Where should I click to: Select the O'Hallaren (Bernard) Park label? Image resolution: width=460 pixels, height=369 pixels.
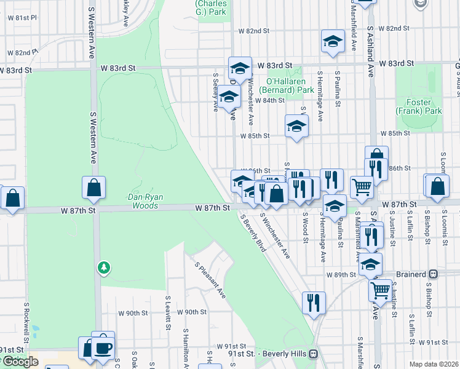coord(290,85)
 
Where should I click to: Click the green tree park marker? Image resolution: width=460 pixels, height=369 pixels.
coord(104,267)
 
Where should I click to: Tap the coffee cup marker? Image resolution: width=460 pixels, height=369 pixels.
coord(103,347)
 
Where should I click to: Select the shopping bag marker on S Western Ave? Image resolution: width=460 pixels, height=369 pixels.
coord(93,188)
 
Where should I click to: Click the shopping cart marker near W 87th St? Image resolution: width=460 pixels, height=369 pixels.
coord(362,186)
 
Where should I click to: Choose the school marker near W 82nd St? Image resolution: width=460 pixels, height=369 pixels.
coord(333,41)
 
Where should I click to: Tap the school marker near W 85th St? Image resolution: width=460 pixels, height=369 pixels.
coord(296,127)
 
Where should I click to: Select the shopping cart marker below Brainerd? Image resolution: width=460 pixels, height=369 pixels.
coord(381,288)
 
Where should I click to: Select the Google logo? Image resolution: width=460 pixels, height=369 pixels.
coord(20,361)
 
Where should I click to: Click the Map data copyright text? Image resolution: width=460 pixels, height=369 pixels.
coord(434,364)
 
